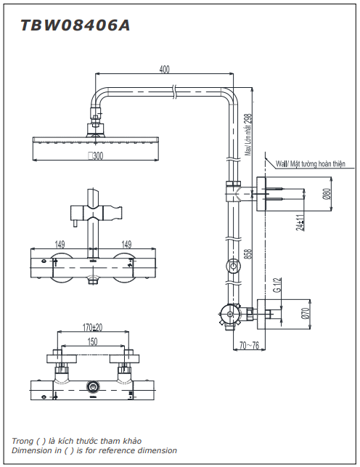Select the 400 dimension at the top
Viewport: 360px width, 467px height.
click(164, 70)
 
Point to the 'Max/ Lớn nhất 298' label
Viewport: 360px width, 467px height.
click(247, 135)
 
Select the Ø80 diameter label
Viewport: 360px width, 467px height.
click(326, 194)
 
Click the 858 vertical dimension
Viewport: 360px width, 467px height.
click(247, 253)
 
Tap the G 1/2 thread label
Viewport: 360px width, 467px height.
click(277, 285)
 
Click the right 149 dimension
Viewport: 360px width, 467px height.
click(126, 245)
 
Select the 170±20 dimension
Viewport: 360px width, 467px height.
click(92, 328)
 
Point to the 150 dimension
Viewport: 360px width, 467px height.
click(92, 341)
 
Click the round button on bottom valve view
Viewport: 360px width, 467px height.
click(92, 387)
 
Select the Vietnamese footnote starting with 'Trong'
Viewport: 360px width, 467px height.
click(77, 441)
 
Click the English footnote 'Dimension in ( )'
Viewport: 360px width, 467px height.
click(94, 450)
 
